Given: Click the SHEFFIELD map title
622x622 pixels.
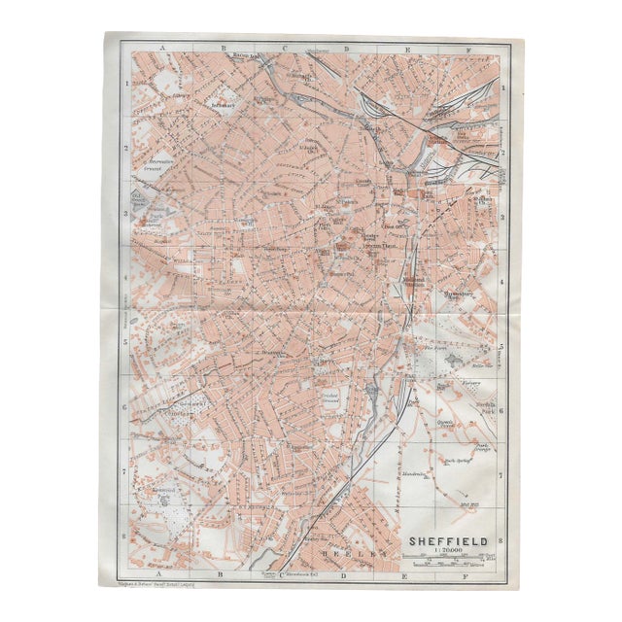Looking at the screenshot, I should pyautogui.click(x=449, y=536).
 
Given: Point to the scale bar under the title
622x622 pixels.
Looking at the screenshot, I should pyautogui.click(x=449, y=560).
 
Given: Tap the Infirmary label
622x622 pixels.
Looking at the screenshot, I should pyautogui.click(x=228, y=101).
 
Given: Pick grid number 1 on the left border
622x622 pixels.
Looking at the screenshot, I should pyautogui.click(x=125, y=86).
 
